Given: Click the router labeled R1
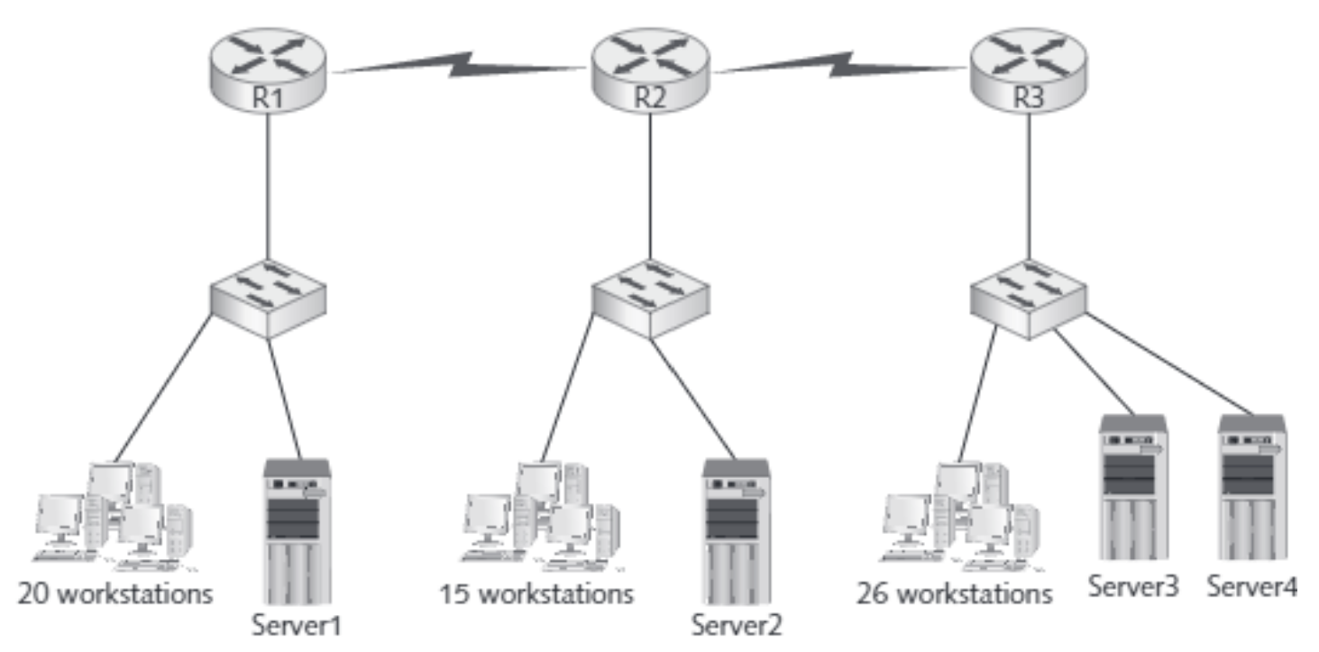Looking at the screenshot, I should coord(268,69).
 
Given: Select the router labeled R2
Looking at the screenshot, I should coord(649,69).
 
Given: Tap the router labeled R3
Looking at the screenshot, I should coord(1028,69).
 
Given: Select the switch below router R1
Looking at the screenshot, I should coord(268,298).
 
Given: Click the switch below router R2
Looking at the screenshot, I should coord(649,298).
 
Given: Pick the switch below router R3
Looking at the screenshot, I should coord(1029,298).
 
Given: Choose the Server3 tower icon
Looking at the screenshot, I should coord(1132,487).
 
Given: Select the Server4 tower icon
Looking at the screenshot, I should coord(1251,487).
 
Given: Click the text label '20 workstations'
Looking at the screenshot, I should coord(115,595).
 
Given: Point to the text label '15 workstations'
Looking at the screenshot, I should coord(536,595).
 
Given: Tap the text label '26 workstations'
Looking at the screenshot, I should coord(955,595).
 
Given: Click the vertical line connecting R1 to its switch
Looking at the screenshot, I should coord(268,189).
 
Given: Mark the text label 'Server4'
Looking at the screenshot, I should coord(1252,587).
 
